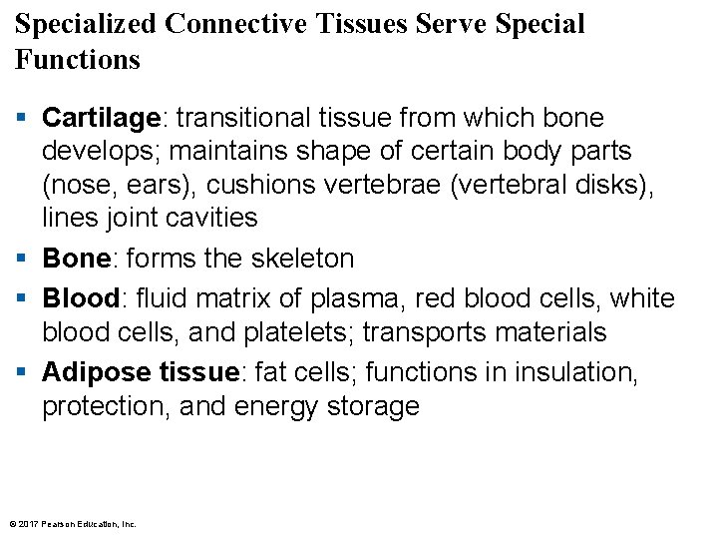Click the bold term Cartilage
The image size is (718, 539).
point(101,118)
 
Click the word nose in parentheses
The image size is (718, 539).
point(79,185)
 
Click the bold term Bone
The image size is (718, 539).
point(76,259)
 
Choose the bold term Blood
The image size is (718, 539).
point(80,298)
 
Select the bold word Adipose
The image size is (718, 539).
point(96,372)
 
